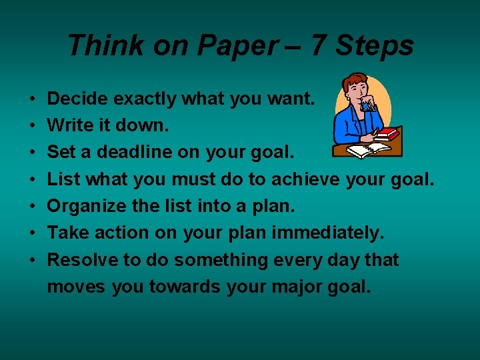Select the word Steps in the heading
click(375, 46)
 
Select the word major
click(293, 287)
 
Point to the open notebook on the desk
click(368, 150)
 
